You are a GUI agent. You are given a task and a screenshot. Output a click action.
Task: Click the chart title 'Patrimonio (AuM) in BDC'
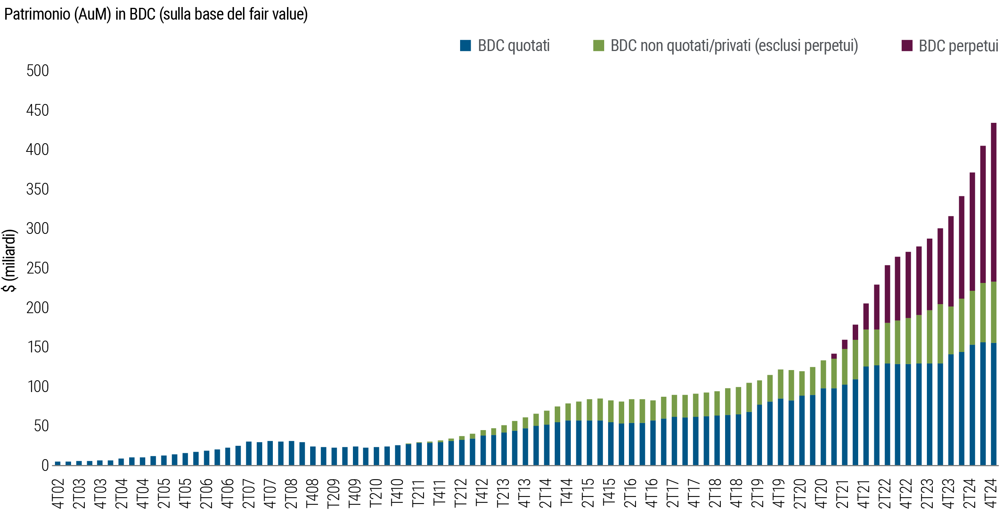pos(155,15)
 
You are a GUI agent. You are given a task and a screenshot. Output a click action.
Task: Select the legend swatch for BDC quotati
pos(466,46)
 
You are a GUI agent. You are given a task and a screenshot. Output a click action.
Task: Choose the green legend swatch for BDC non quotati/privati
pos(598,46)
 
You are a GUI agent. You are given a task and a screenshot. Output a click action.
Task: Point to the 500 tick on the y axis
pos(38,71)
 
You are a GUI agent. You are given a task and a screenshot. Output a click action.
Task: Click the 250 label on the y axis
pos(38,268)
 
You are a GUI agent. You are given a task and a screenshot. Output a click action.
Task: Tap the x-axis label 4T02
pos(58,493)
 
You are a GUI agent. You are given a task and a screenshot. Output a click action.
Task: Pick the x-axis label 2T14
pos(546,493)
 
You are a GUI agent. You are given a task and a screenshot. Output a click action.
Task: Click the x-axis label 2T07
pos(249,493)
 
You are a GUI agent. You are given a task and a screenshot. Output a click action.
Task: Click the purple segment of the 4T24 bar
pos(994,202)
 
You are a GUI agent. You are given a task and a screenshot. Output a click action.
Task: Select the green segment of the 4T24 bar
pos(994,312)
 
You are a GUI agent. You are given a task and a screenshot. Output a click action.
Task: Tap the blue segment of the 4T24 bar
pos(994,404)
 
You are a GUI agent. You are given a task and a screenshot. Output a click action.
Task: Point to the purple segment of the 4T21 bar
pos(866,316)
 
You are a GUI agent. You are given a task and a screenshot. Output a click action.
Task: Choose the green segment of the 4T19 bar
pos(781,384)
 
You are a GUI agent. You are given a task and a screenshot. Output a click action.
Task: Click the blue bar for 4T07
pos(270,453)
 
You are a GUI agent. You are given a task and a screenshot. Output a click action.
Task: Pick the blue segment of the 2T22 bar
pos(887,414)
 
